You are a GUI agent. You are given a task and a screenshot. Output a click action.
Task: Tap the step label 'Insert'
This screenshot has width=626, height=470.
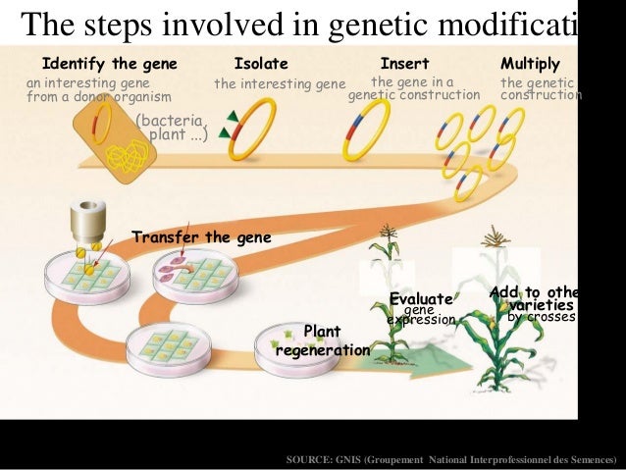pyautogui.click(x=404, y=64)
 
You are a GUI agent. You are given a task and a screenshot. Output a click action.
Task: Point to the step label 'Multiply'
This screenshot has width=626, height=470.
pyautogui.click(x=530, y=64)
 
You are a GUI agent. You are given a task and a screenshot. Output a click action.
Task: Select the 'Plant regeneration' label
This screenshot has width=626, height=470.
pyautogui.click(x=322, y=340)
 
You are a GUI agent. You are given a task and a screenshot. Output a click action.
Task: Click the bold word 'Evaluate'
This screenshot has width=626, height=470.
pyautogui.click(x=421, y=299)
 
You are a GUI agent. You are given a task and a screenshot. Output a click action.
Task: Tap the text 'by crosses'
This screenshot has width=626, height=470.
pyautogui.click(x=541, y=318)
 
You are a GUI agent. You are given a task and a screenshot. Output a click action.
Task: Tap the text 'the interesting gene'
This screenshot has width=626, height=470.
pyautogui.click(x=280, y=84)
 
